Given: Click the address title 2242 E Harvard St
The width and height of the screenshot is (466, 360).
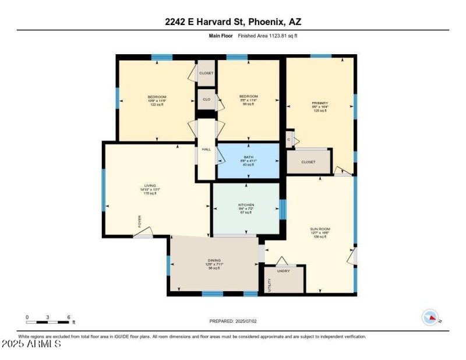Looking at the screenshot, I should click(233, 22).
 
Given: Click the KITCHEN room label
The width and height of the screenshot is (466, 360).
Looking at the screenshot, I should click(246, 205).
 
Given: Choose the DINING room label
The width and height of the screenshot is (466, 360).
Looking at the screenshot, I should click(214, 260).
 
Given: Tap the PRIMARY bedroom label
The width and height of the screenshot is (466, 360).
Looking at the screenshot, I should click(320, 103).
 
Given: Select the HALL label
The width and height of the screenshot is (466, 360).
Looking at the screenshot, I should click(206, 149).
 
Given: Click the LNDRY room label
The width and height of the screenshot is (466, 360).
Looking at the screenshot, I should click(284, 270).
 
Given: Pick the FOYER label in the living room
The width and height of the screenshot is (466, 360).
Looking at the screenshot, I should click(139, 222).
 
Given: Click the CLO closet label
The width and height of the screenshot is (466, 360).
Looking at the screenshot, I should click(206, 99).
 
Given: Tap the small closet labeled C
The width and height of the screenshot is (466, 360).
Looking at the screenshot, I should click(289, 139).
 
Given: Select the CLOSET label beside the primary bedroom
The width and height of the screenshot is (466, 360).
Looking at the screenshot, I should click(308, 162).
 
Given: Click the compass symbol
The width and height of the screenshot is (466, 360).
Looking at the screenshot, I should click(430, 317).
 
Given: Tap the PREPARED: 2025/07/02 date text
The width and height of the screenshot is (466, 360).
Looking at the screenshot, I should click(233, 321).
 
